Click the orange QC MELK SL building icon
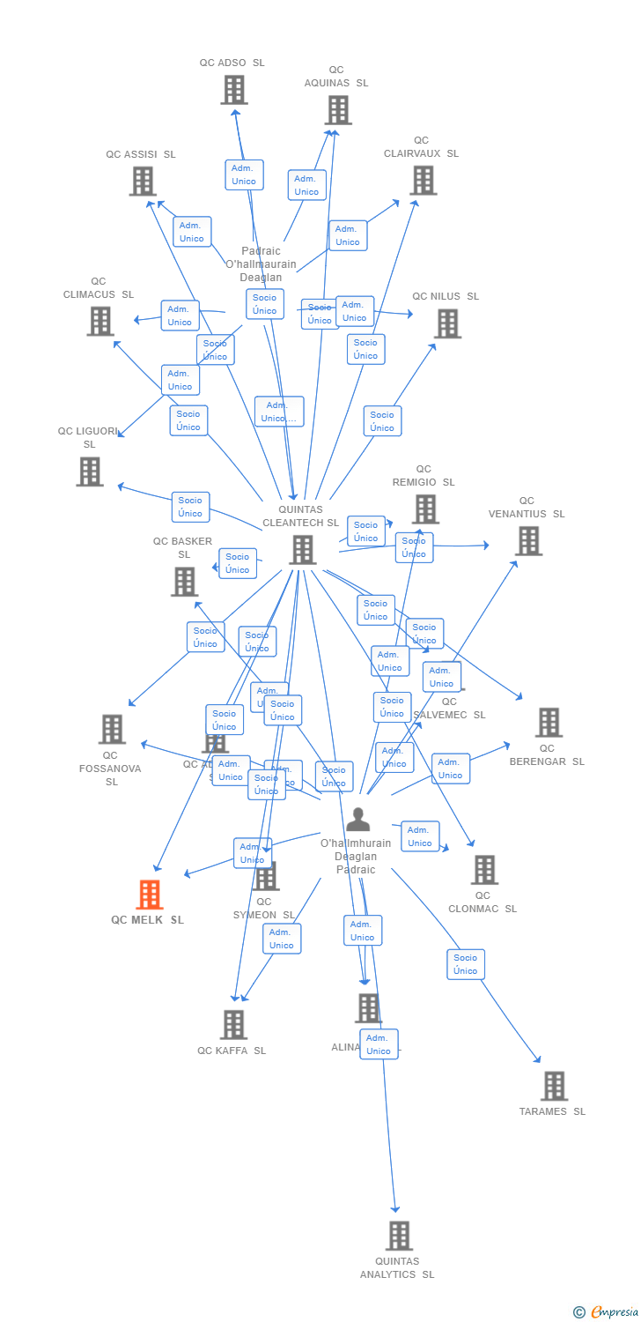point(150,895)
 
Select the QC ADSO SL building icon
point(234,90)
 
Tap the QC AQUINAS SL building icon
point(338,110)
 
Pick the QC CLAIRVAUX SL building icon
point(424,180)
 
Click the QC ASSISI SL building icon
point(143,181)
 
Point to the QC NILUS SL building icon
point(447,323)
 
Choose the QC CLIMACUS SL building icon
point(100,321)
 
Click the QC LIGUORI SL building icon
point(90,472)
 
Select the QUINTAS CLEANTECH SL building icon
point(302,550)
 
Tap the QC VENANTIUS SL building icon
point(528,541)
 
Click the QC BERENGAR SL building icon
point(549,723)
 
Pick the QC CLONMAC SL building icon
point(484,870)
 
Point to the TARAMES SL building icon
point(554,1086)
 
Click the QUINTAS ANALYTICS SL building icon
point(399,1236)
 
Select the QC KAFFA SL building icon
point(234,1024)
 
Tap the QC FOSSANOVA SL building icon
point(112,729)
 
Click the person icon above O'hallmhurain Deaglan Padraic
point(357,820)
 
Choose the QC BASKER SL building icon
point(185,582)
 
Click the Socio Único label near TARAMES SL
point(466,964)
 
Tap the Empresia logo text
point(614,1311)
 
